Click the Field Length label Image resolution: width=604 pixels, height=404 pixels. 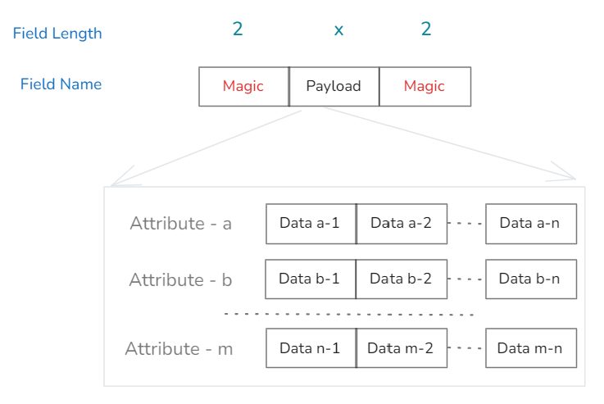(57, 34)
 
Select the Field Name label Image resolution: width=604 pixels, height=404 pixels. (61, 84)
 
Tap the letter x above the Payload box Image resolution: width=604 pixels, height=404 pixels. (338, 30)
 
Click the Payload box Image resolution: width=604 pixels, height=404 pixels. (334, 86)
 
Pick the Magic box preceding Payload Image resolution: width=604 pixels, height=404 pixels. (243, 86)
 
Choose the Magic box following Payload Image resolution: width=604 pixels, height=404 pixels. (425, 86)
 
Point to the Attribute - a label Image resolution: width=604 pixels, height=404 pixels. (180, 224)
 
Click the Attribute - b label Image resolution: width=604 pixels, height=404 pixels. (180, 280)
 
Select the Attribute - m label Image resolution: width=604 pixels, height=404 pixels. (179, 349)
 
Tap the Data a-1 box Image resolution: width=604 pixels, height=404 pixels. (310, 224)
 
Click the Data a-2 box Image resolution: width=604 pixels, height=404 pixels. (401, 224)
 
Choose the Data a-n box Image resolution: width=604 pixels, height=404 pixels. (530, 224)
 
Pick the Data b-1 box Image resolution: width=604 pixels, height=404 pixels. (309, 279)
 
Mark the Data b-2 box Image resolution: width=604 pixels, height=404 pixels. (401, 279)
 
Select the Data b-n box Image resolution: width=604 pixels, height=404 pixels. (530, 279)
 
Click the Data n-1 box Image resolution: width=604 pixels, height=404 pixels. (310, 348)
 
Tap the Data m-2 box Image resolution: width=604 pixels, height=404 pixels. (401, 348)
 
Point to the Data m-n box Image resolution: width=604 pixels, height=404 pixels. (530, 348)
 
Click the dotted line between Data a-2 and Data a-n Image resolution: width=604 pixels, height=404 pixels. (466, 224)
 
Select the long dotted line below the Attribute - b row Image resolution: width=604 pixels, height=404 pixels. (349, 314)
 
